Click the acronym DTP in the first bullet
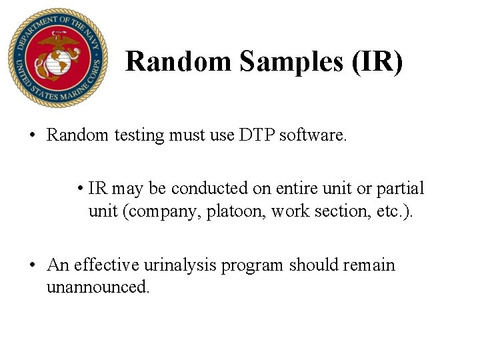252,135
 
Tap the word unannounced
98,287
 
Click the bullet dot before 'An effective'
31,265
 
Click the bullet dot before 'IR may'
79,189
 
